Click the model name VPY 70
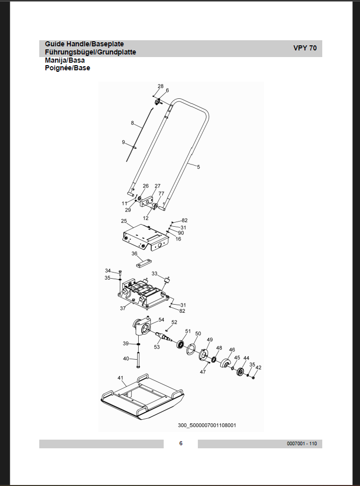coord(305,48)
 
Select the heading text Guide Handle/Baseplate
coord(85,44)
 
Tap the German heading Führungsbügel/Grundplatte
coord(90,52)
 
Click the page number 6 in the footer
coord(181,443)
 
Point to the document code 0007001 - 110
coord(302,444)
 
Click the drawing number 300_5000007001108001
coord(207,425)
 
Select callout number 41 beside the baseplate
coord(120,378)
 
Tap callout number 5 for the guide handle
coord(198,167)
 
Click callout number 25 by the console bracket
coord(124,221)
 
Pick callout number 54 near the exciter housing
coord(161,319)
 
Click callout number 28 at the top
coord(161,86)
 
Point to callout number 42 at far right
coord(258,368)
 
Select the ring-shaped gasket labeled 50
coord(191,349)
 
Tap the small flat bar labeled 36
coord(143,263)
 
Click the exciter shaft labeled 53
coord(165,337)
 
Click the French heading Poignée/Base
coord(68,68)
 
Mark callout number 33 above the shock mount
coord(155,274)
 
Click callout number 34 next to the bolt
coord(108,271)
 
